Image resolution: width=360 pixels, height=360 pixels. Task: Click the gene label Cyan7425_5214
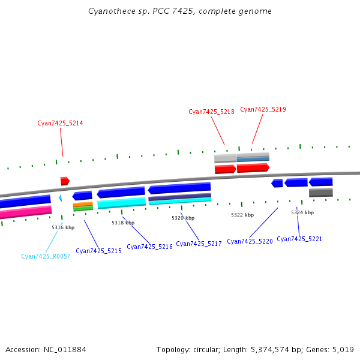click(60, 123)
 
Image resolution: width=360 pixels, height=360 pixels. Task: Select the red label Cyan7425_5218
click(211, 112)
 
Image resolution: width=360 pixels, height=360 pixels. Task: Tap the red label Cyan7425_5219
click(263, 109)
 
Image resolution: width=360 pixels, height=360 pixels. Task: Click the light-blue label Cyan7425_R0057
click(46, 256)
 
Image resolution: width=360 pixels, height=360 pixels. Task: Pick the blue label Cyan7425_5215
click(98, 251)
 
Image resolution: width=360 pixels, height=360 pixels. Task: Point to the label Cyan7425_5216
click(149, 247)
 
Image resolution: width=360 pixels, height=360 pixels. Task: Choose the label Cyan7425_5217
click(199, 244)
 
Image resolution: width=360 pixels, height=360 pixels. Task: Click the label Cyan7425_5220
click(250, 241)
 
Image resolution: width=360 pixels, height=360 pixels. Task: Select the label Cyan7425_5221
click(299, 239)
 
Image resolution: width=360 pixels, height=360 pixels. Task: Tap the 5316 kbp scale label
click(63, 227)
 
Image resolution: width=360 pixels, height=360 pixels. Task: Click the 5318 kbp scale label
click(123, 223)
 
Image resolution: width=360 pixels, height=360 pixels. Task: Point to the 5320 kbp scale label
click(183, 218)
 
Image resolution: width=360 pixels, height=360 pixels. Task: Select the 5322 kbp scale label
click(242, 215)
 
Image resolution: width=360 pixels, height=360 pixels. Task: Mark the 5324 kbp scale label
click(302, 212)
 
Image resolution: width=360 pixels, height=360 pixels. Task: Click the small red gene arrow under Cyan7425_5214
click(65, 181)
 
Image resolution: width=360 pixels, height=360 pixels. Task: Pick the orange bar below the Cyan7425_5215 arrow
click(83, 204)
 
